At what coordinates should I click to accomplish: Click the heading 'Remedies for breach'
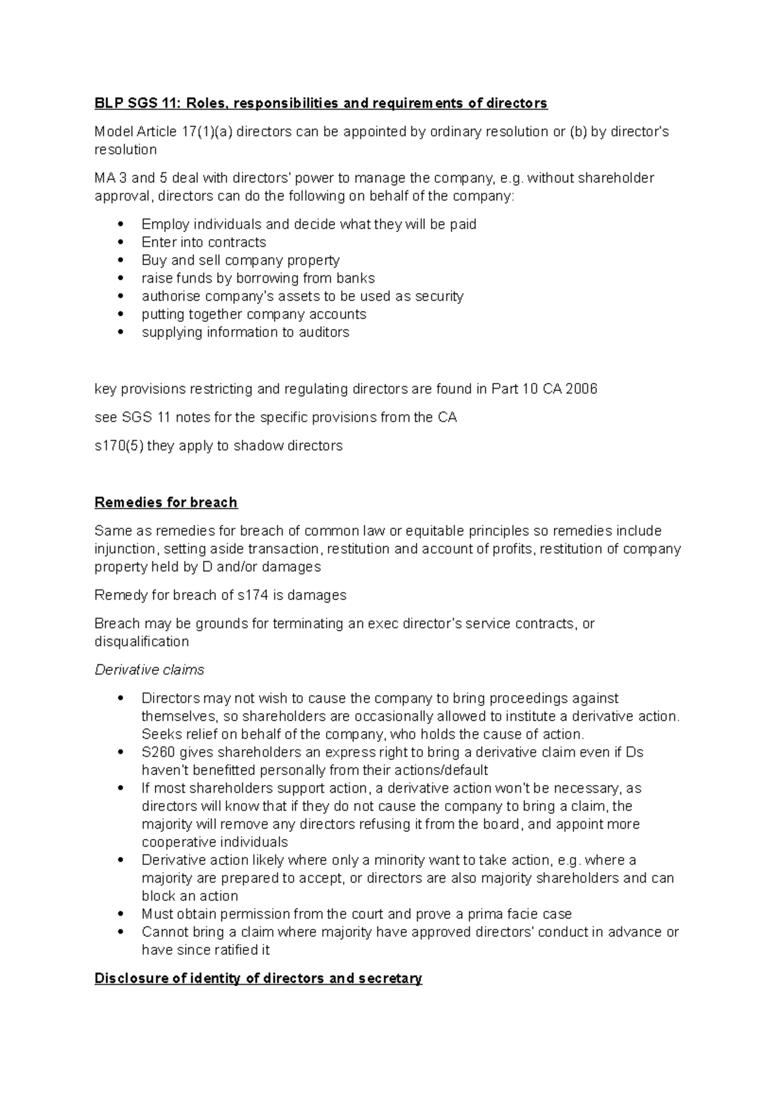click(x=166, y=502)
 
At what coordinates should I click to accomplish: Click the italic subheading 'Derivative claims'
click(x=149, y=670)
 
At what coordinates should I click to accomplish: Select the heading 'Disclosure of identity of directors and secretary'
click(x=258, y=978)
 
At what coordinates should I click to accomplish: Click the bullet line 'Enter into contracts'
click(x=204, y=242)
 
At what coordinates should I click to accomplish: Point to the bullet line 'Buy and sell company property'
click(x=240, y=260)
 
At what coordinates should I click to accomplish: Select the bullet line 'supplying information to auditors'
click(x=245, y=332)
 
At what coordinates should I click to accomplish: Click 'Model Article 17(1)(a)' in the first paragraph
click(x=164, y=132)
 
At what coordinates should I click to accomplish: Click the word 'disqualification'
click(x=141, y=642)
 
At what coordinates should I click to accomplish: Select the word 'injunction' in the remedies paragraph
click(x=125, y=548)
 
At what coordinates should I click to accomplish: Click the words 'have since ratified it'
click(x=205, y=950)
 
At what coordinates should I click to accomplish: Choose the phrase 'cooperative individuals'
click(x=214, y=842)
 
